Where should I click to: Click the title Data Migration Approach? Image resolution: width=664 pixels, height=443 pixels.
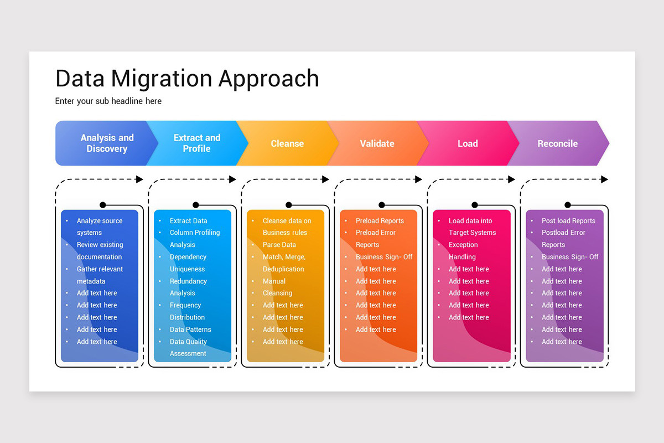187,79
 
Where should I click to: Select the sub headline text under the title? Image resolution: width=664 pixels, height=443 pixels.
108,101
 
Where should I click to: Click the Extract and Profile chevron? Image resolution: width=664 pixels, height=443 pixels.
196,143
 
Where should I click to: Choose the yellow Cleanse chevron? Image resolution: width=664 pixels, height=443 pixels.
287,143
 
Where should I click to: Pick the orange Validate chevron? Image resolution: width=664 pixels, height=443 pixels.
377,143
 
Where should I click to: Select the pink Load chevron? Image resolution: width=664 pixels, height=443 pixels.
468,143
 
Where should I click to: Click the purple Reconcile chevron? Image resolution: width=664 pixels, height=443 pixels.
557,143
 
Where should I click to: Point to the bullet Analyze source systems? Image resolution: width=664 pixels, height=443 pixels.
100,226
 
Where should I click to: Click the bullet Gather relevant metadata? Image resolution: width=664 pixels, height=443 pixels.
100,275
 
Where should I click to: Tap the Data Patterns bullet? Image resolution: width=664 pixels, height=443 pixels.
190,329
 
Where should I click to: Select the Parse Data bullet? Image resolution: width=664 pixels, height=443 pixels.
279,245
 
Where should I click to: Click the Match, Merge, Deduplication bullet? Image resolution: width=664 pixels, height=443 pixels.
283,263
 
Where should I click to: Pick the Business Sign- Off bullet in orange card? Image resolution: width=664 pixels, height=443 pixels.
384,257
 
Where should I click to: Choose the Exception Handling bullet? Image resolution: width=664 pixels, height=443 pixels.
463,251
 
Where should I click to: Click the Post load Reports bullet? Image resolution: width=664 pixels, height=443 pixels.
568,221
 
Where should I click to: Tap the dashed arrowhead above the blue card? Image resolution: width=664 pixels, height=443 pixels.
139,179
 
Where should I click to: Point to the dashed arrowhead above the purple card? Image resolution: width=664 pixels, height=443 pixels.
604,179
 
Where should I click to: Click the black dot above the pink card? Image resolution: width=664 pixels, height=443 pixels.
474,205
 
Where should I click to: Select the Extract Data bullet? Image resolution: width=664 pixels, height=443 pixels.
188,221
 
